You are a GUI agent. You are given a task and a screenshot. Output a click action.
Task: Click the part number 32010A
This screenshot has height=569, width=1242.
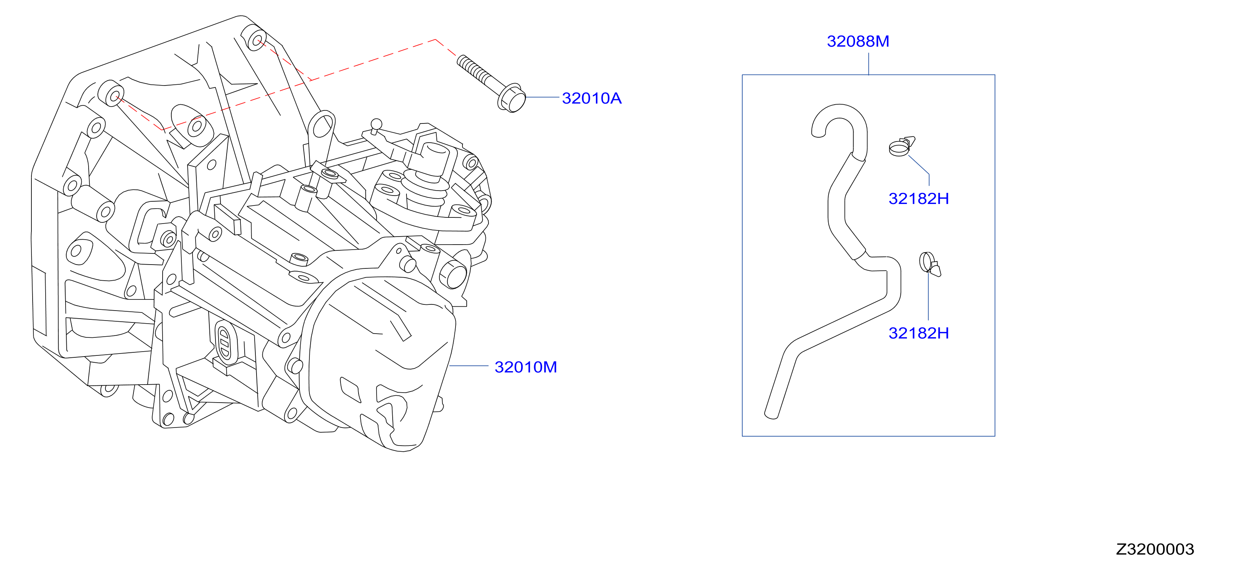coord(592,99)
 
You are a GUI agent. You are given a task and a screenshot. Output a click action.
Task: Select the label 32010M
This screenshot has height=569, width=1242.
coord(526,367)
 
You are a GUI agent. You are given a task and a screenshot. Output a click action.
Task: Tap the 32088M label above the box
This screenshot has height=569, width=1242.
coord(858,41)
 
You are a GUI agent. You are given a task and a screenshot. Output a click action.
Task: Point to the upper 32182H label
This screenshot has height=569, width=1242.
coord(918,199)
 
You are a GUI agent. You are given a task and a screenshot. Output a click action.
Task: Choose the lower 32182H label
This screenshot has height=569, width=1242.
coord(918,333)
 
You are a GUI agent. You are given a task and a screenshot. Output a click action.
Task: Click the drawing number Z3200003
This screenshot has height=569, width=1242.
coord(1155,549)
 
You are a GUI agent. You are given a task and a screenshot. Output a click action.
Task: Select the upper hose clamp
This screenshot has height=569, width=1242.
coord(901,146)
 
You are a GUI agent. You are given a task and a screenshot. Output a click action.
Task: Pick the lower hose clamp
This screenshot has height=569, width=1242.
coord(929,264)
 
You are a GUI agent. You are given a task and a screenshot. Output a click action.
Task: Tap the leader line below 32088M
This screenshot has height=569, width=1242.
coord(869,64)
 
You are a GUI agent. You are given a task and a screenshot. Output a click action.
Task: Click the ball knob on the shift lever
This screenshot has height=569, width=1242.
coord(376,124)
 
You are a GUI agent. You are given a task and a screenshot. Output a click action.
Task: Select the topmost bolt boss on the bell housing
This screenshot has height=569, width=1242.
coord(253,38)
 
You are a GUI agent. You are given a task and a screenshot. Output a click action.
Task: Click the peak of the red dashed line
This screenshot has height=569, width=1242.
coord(435,39)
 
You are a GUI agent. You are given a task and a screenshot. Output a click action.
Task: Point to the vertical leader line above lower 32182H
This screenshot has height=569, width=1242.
coord(928,296)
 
